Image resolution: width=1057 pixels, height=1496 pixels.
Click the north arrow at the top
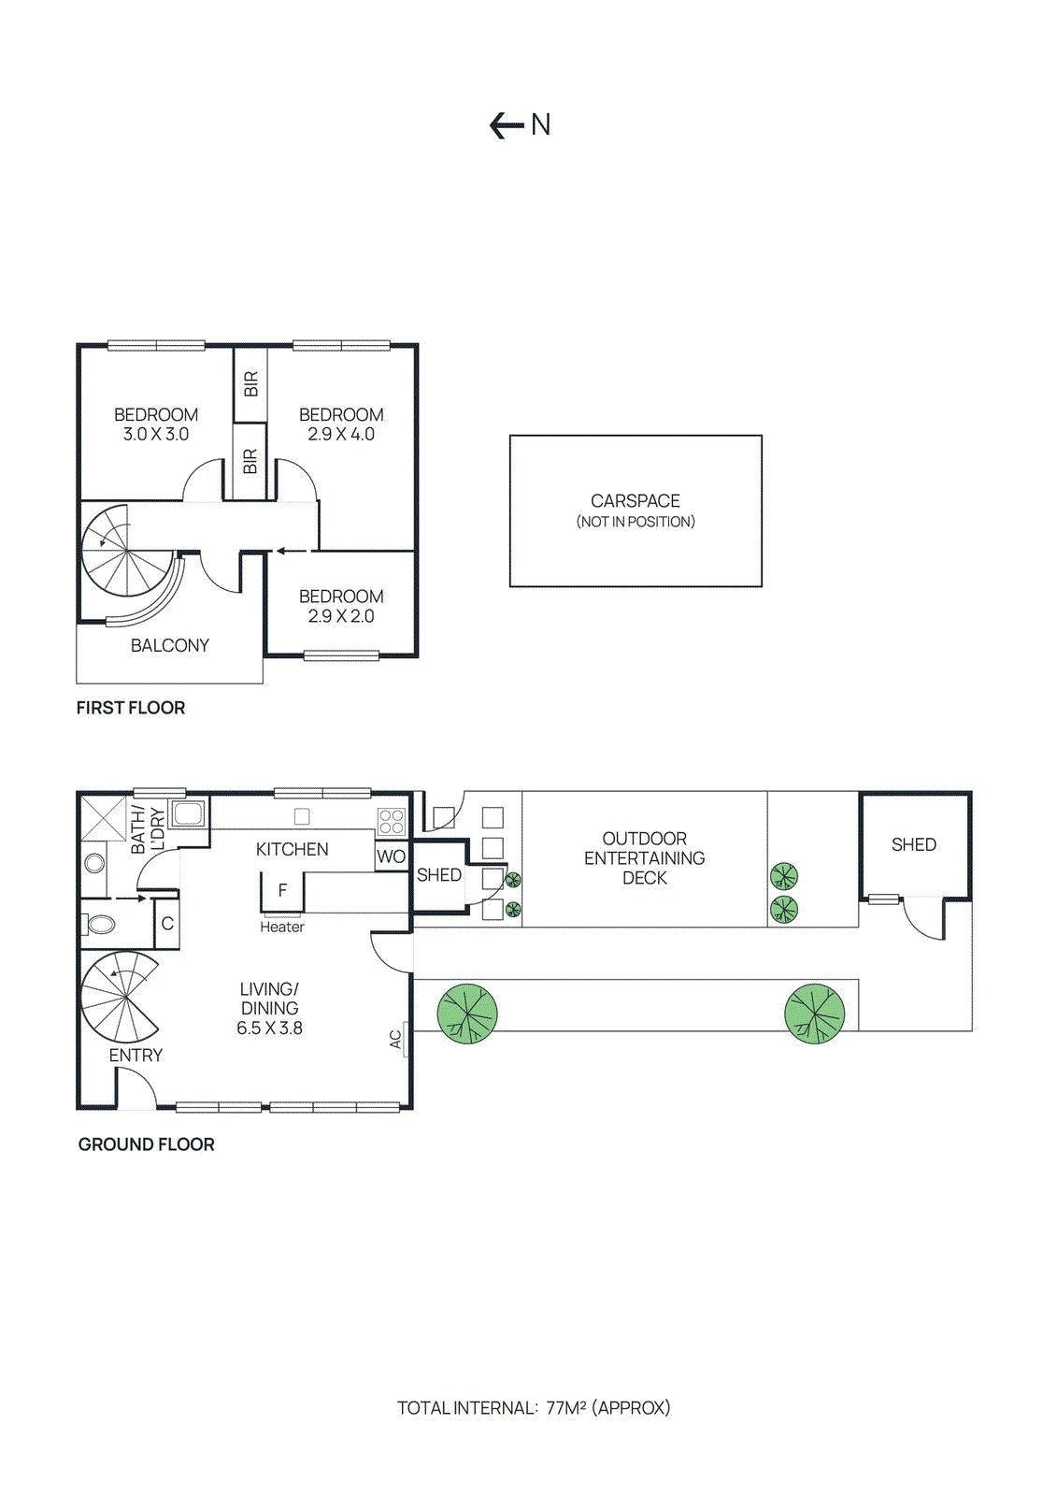pyautogui.click(x=507, y=125)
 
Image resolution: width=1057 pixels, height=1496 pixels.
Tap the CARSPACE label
pyautogui.click(x=635, y=501)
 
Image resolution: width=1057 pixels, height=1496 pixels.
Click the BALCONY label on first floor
pyautogui.click(x=169, y=645)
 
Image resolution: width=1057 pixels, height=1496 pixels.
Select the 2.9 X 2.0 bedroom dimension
pyautogui.click(x=341, y=616)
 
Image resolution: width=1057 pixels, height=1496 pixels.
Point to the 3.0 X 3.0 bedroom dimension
pyautogui.click(x=156, y=434)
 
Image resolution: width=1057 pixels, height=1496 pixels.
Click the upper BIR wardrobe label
pyautogui.click(x=250, y=383)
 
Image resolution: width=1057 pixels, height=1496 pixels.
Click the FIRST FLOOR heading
pyautogui.click(x=131, y=708)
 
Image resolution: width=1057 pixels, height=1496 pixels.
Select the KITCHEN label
pyautogui.click(x=292, y=849)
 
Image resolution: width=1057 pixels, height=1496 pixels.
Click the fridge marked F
pyautogui.click(x=282, y=890)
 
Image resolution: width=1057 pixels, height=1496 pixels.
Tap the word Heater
pyautogui.click(x=282, y=927)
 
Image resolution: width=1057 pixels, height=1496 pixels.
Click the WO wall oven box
pyautogui.click(x=391, y=856)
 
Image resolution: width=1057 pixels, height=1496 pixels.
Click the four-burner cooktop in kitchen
pyautogui.click(x=392, y=822)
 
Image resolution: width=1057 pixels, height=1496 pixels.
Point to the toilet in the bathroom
pyautogui.click(x=100, y=925)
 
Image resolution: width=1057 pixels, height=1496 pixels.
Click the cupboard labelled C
pyautogui.click(x=167, y=924)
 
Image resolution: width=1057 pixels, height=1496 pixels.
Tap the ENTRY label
pyautogui.click(x=136, y=1055)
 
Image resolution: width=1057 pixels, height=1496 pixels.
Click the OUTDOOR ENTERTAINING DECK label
pyautogui.click(x=644, y=857)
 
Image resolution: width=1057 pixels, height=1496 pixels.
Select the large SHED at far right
pyautogui.click(x=913, y=845)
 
